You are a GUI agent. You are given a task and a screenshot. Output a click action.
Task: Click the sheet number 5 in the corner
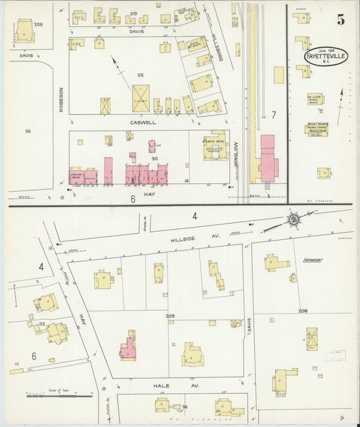pyautogui.click(x=340, y=20)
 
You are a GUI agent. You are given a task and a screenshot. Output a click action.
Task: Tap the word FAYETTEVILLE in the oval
pyautogui.click(x=326, y=56)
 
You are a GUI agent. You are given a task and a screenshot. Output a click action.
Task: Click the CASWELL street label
pyautogui.click(x=143, y=123)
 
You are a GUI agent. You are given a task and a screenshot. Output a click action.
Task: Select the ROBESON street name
pyautogui.click(x=60, y=99)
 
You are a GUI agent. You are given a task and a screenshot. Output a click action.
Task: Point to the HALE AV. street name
pyautogui.click(x=160, y=386)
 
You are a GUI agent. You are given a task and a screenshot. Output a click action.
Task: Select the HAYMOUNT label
pyautogui.click(x=315, y=259)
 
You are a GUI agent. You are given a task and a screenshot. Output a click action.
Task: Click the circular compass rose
pyautogui.click(x=294, y=219)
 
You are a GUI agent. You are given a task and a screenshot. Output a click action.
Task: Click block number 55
pyautogui.click(x=140, y=75)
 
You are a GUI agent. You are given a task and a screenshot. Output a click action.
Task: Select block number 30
pyautogui.click(x=155, y=159)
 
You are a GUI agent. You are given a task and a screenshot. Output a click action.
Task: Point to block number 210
pyautogui.click(x=133, y=14)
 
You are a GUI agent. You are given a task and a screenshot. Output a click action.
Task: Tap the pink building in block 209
pyautogui.click(x=128, y=347)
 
